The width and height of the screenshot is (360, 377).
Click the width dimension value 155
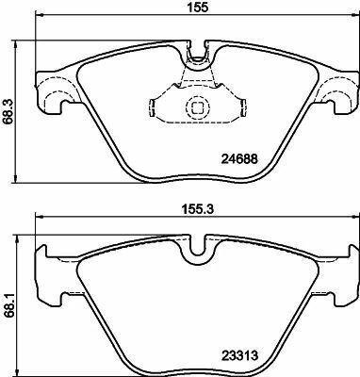point(198,8)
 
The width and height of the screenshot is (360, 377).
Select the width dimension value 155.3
point(198,209)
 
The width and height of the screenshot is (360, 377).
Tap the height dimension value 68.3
point(7,113)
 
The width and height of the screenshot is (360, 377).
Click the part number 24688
point(239,159)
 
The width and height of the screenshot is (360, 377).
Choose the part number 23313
point(240,355)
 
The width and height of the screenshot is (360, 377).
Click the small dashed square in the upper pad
point(197,108)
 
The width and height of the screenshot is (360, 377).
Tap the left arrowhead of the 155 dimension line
point(40,15)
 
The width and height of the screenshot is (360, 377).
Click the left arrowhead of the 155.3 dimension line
point(40,217)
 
